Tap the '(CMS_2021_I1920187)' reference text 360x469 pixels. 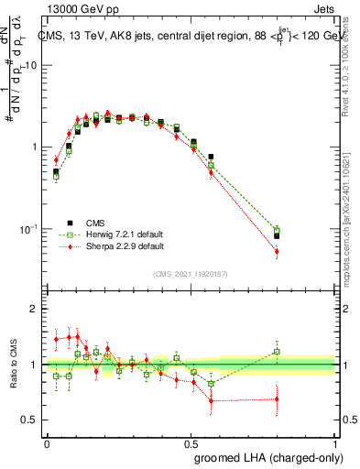[191, 273]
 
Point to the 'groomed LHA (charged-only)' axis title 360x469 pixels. [275, 457]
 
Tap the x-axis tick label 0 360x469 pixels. [47, 442]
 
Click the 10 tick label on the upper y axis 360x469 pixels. [30, 66]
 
